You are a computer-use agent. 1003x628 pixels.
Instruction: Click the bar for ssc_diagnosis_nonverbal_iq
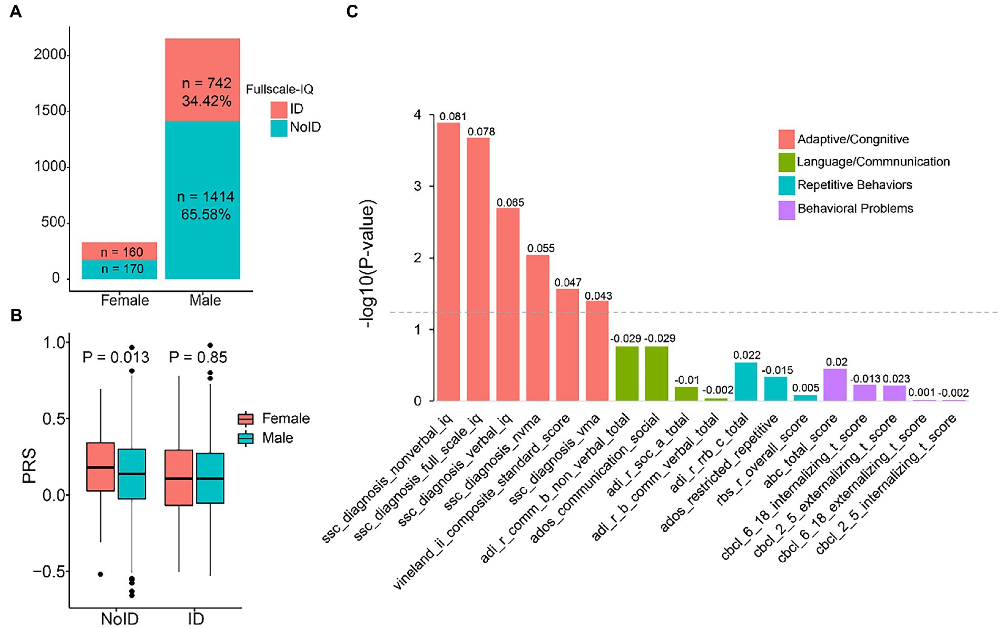448,262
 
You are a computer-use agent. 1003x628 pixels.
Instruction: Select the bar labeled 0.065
508,305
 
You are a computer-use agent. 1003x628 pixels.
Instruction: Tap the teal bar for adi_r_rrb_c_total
745,381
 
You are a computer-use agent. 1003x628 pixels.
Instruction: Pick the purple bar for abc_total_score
835,385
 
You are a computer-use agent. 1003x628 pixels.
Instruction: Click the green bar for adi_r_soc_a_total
686,394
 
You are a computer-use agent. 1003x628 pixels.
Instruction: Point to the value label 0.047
568,283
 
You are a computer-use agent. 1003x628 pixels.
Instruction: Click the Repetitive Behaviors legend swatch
786,185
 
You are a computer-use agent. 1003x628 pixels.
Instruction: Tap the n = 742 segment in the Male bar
203,80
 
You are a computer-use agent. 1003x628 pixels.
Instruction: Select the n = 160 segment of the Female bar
120,251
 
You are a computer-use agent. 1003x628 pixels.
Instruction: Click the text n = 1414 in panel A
205,197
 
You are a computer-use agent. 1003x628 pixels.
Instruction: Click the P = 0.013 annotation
116,358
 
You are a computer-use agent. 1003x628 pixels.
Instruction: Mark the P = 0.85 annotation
198,358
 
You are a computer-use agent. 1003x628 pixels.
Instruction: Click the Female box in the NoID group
100,467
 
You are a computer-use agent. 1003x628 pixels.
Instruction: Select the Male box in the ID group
210,478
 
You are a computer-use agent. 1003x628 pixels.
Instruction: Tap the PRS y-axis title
29,465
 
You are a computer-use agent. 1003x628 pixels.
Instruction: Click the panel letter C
352,12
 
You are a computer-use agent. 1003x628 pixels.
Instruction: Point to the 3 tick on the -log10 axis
418,187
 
